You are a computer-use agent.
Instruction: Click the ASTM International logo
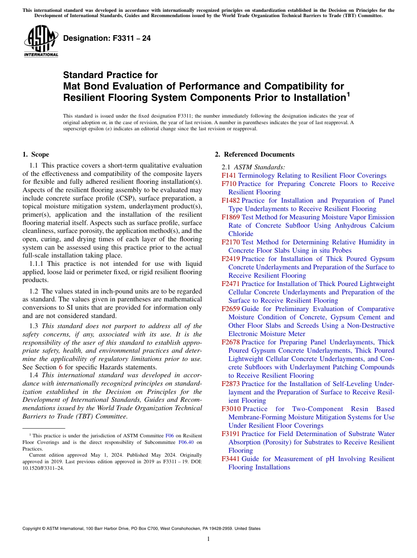41,42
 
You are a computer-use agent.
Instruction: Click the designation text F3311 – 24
107,39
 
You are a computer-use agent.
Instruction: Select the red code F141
229,175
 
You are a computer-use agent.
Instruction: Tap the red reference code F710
229,184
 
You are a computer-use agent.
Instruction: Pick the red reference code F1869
231,217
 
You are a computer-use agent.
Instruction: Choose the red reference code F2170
231,242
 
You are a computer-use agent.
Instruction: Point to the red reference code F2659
231,309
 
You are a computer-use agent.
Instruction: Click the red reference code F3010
231,409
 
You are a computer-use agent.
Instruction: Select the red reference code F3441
231,459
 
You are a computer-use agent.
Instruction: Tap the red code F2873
231,384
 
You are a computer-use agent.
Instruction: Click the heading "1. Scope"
36,154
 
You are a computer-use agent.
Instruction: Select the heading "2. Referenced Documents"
255,154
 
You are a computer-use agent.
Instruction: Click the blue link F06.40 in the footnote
186,442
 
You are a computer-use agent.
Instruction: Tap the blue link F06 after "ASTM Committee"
169,436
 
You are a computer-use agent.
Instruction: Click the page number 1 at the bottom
208,539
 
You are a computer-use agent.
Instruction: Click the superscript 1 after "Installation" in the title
348,93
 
